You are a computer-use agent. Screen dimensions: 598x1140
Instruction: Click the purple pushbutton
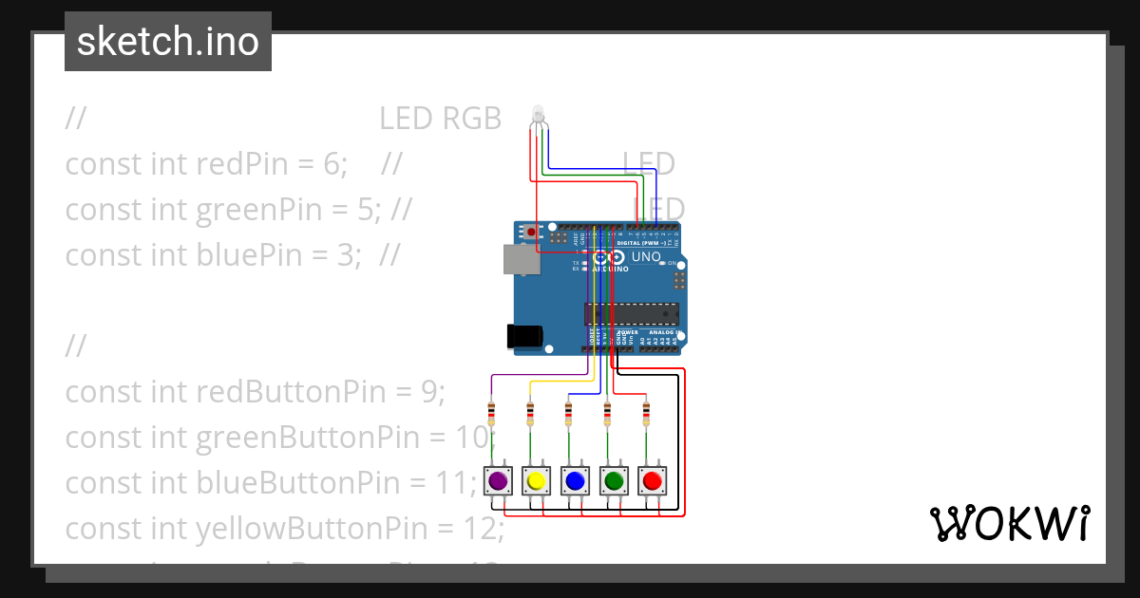click(497, 481)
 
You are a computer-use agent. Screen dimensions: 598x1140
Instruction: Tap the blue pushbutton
click(574, 481)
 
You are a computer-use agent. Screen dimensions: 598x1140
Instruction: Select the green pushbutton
click(614, 481)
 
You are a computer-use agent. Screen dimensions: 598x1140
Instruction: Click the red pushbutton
click(652, 481)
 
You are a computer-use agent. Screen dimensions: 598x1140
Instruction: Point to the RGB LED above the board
click(537, 116)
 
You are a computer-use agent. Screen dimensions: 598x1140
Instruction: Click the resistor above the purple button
click(491, 415)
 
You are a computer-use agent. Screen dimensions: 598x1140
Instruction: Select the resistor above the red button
click(646, 415)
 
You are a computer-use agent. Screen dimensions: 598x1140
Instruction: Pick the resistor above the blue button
click(568, 415)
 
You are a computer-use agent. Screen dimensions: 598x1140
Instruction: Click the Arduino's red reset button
click(530, 232)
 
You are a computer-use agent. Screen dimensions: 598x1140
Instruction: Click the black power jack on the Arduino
click(523, 335)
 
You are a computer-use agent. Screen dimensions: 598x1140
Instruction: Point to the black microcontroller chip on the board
click(632, 314)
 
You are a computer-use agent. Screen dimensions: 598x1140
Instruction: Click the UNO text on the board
click(646, 256)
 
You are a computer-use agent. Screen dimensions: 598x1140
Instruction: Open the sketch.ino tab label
click(168, 42)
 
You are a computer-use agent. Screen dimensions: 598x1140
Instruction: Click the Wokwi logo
click(1009, 523)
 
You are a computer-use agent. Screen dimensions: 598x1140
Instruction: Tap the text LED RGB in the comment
click(440, 118)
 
